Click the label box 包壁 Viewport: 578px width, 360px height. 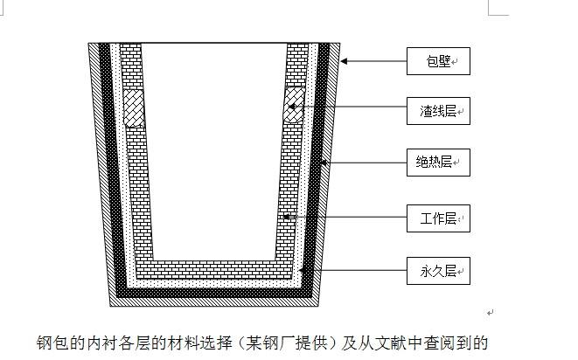coord(438,61)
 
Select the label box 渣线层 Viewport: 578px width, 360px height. coord(438,111)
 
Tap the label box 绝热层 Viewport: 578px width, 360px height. coord(438,162)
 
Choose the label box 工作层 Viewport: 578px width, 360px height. coord(438,218)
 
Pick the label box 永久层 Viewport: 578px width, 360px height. coord(438,270)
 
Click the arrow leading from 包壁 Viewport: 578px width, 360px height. coord(374,61)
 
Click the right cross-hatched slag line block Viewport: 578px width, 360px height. coord(295,106)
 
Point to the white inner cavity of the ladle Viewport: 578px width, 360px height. coord(213,149)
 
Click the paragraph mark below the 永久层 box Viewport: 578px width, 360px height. coord(491,312)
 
